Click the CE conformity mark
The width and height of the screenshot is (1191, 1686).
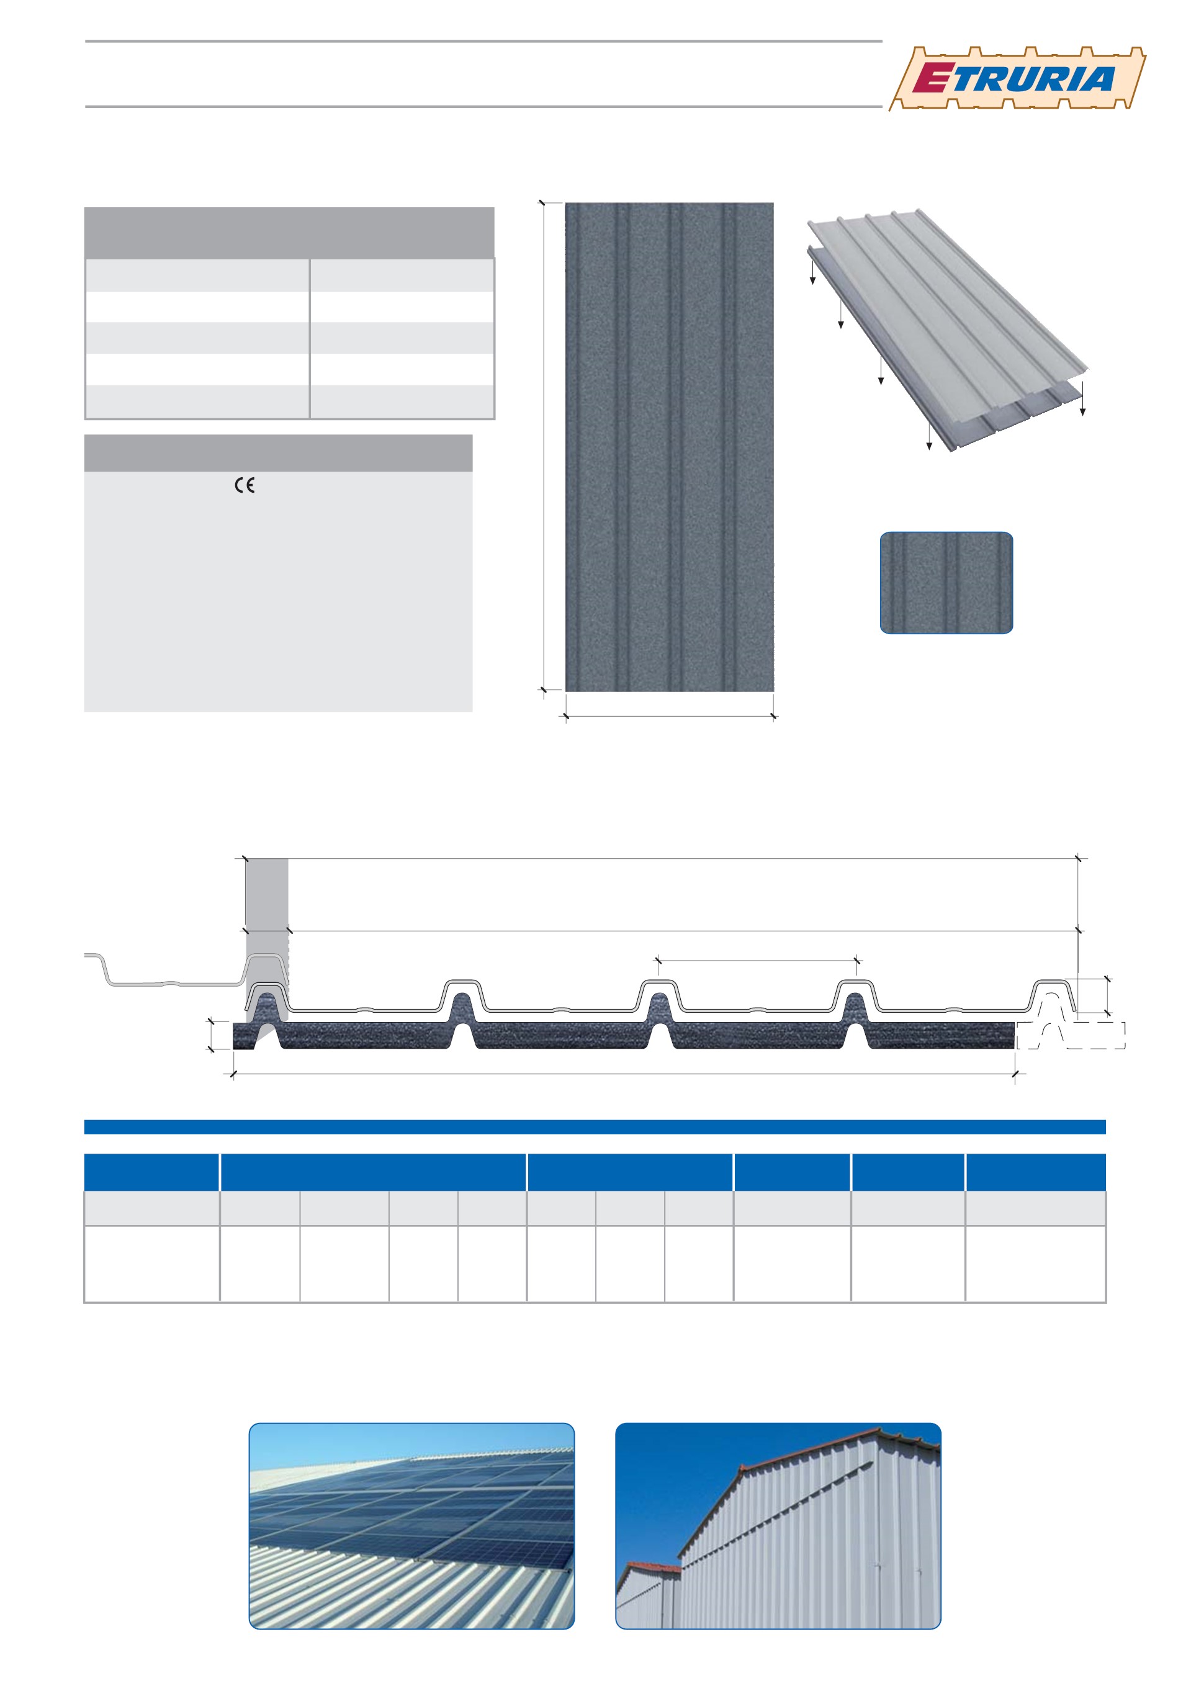point(245,485)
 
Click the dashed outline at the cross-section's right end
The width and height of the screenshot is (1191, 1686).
point(1071,1034)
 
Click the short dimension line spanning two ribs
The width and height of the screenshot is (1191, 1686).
point(758,961)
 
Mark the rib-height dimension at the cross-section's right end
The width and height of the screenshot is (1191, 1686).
point(1107,996)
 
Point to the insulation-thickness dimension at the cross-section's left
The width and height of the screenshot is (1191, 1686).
point(211,1034)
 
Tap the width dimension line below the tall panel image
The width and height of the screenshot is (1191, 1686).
point(670,716)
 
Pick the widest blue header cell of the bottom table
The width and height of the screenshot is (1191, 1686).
point(373,1172)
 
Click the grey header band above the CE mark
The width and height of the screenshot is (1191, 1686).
point(278,453)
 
